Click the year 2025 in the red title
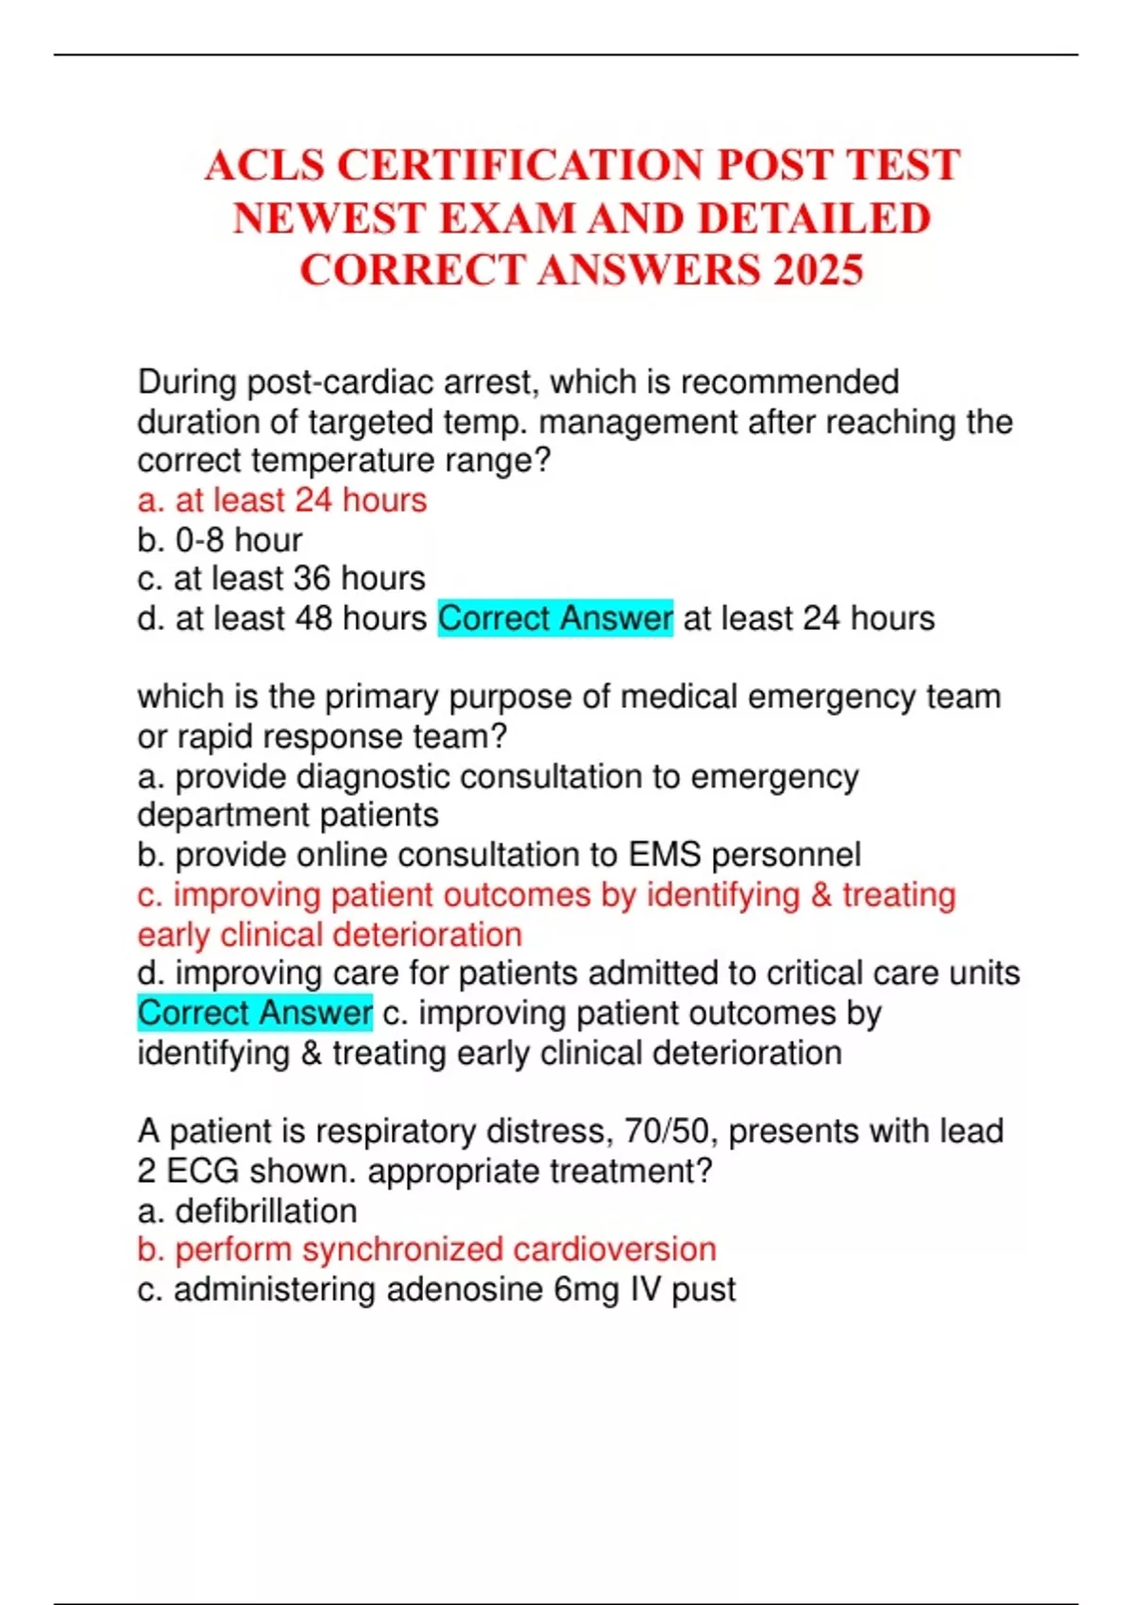pyautogui.click(x=818, y=270)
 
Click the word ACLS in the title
pyautogui.click(x=264, y=165)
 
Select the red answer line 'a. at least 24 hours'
pyautogui.click(x=281, y=500)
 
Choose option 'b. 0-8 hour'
pyautogui.click(x=219, y=540)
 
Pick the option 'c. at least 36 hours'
pyautogui.click(x=280, y=579)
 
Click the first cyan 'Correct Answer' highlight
pyautogui.click(x=555, y=618)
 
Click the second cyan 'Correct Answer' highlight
pyautogui.click(x=255, y=1013)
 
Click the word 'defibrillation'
pyautogui.click(x=266, y=1211)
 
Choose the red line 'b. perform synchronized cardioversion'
pyautogui.click(x=426, y=1250)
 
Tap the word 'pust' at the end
pyautogui.click(x=702, y=1290)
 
